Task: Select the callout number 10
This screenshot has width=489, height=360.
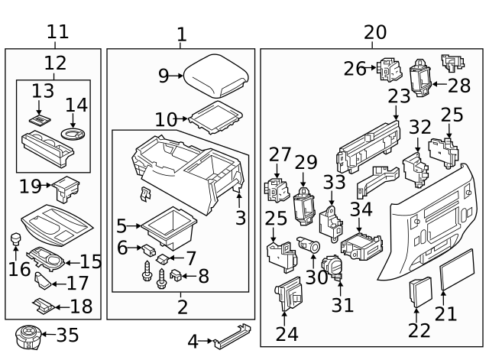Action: click(x=165, y=120)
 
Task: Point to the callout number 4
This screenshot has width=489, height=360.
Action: click(x=193, y=342)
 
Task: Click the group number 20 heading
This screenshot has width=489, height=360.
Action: click(x=375, y=33)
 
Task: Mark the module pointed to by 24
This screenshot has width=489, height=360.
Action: click(x=287, y=294)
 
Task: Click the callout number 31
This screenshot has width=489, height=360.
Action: click(x=343, y=305)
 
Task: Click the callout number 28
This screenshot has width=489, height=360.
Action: click(x=459, y=86)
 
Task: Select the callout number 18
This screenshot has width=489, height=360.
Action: click(x=81, y=307)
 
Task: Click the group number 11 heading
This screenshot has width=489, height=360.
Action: click(x=57, y=32)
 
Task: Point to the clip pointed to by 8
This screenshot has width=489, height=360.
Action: click(x=176, y=275)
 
